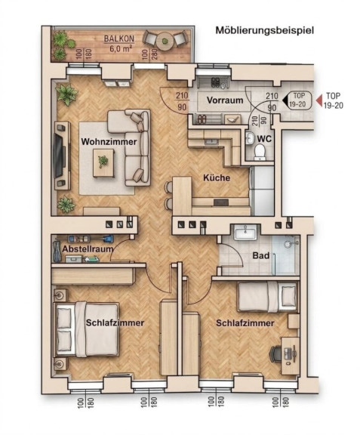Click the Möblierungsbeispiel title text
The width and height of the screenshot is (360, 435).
coord(265,30)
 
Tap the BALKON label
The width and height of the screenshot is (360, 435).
coord(119,39)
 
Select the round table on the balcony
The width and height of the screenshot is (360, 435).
coord(165,42)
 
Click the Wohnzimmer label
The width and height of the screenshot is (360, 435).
coord(109,142)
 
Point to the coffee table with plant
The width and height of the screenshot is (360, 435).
coord(103,163)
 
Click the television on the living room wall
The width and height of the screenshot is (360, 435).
coord(59,156)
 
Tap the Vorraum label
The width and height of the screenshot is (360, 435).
coord(225,100)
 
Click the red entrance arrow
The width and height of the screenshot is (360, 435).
coord(319,100)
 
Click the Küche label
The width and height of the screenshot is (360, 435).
coord(217,177)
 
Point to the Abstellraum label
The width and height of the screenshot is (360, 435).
coord(88,249)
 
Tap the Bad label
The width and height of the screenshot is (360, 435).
coord(260,255)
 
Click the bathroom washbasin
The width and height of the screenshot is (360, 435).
coord(245,232)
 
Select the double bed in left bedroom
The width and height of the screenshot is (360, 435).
coord(87,329)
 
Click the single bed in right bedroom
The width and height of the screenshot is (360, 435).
coord(267,297)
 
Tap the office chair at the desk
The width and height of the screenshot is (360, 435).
coord(275,353)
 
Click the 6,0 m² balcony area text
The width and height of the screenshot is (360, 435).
coord(121,48)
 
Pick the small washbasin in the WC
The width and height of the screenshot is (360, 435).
coord(250,138)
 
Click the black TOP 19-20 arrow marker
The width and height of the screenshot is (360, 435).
coord(285,100)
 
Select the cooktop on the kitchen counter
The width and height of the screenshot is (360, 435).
coord(221,202)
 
